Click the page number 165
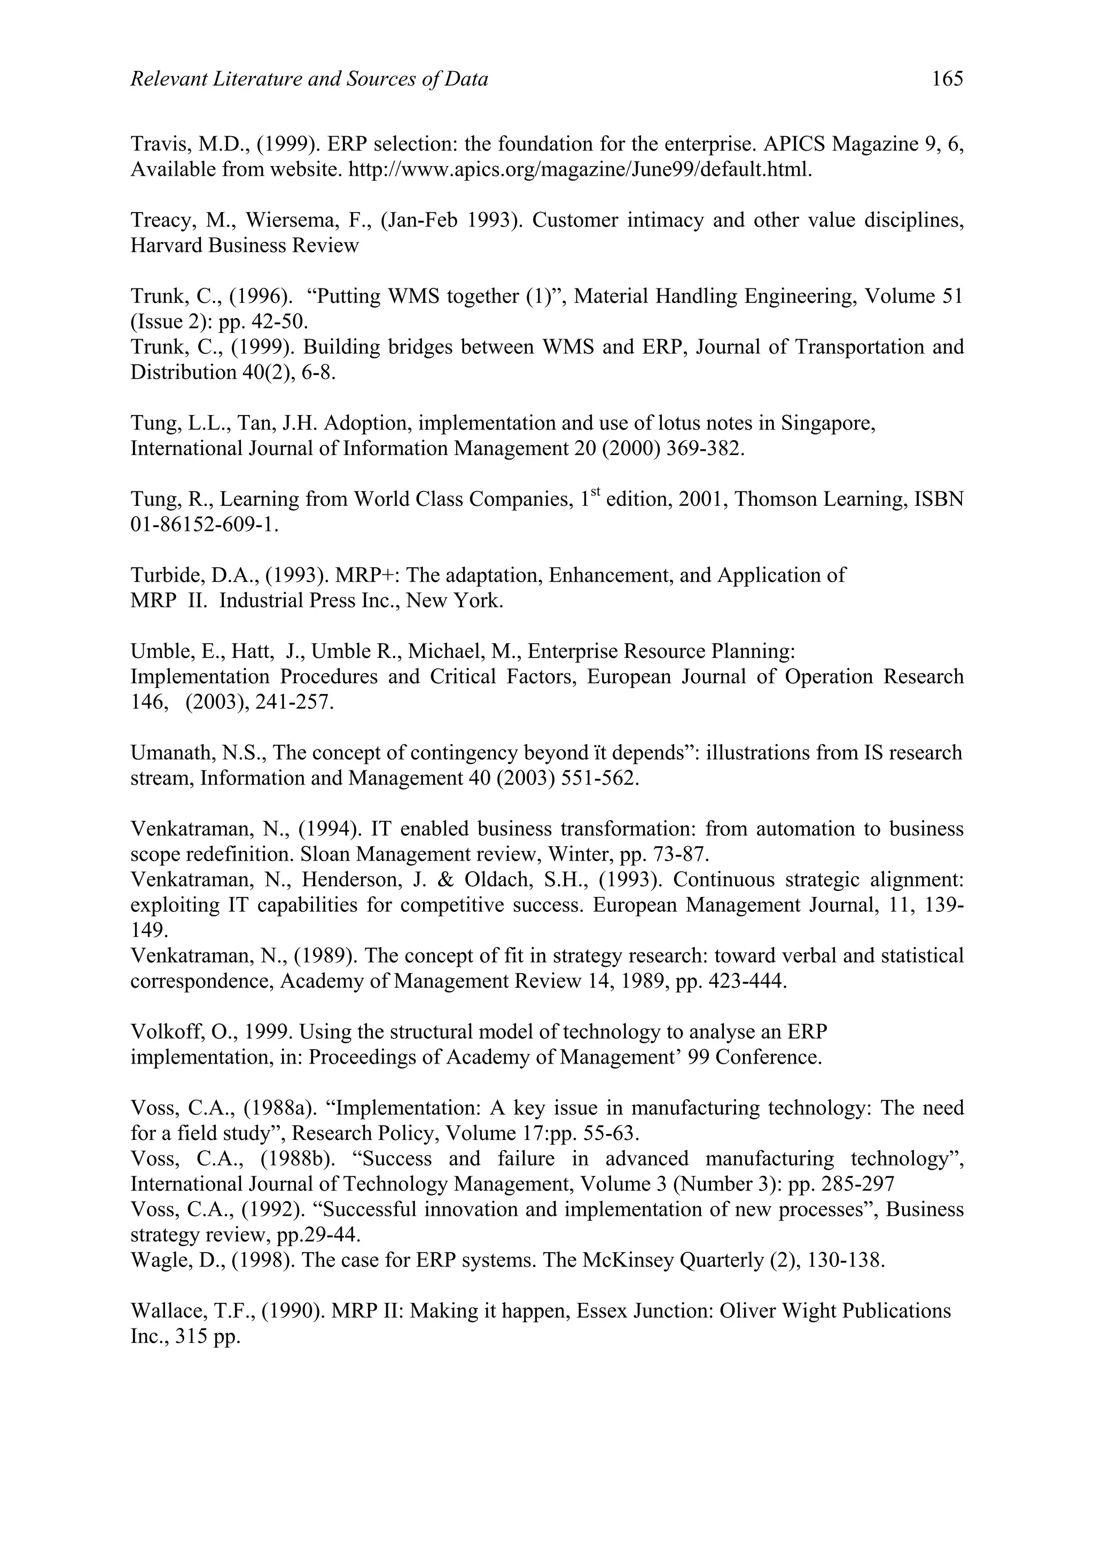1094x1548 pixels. (x=947, y=80)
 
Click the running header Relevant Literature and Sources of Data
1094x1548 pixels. (x=309, y=80)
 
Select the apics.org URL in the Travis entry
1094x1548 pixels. (x=580, y=169)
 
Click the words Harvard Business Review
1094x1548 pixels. (x=244, y=245)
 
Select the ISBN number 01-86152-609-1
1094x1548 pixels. (x=204, y=525)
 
